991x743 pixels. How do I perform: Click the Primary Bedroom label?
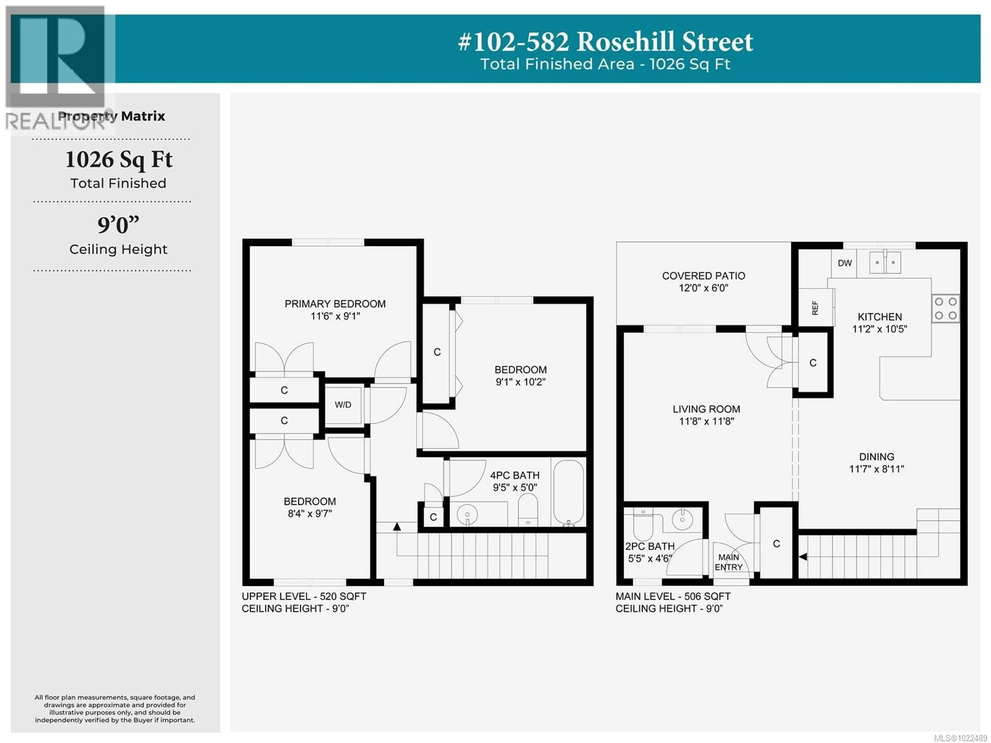(x=335, y=304)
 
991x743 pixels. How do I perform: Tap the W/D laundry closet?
(x=343, y=405)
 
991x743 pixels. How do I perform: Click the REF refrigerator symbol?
(x=815, y=307)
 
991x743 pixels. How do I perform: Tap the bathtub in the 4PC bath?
(x=569, y=492)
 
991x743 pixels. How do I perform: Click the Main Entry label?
(x=729, y=562)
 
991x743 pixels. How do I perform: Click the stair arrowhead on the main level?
(x=803, y=557)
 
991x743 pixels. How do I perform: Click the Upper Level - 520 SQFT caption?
(x=304, y=596)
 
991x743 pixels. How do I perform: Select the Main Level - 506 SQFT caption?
(x=673, y=596)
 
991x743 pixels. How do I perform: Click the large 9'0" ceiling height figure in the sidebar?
(x=118, y=225)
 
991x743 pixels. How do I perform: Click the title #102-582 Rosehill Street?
(x=605, y=42)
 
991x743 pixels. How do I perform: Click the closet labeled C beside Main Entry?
(x=776, y=544)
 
